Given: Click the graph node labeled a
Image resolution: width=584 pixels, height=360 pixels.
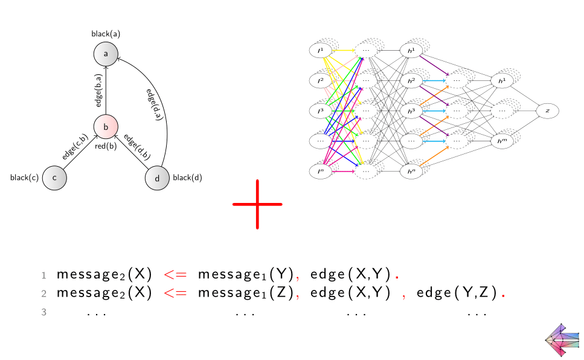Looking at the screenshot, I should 106,54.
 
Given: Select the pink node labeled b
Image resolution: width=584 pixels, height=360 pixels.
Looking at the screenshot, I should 106,127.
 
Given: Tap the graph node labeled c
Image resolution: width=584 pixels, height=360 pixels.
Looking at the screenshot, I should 54,178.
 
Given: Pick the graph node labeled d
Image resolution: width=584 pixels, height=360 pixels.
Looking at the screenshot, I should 157,178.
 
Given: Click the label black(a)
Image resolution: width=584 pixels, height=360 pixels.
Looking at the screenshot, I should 106,34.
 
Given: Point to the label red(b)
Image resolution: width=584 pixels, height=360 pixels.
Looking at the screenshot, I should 106,147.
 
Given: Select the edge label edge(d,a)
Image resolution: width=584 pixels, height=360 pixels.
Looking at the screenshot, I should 155,105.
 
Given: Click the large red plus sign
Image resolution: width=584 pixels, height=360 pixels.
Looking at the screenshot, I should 257,204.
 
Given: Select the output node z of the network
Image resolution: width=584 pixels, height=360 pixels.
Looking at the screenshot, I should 547,111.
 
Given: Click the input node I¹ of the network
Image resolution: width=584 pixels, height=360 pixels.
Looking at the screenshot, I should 321,50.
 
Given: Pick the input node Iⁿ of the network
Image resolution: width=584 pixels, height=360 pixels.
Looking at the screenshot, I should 321,172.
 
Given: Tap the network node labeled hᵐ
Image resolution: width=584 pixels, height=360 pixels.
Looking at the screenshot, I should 502,141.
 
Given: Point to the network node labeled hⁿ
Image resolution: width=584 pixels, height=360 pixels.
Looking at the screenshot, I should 411,172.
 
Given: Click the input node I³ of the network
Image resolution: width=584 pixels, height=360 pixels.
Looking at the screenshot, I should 321,111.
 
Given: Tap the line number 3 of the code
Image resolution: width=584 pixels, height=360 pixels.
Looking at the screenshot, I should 43,312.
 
